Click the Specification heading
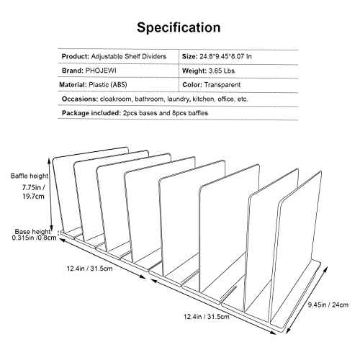click(x=179, y=28)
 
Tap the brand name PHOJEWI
click(x=101, y=71)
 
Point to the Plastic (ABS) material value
click(x=108, y=85)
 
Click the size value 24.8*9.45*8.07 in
click(x=226, y=57)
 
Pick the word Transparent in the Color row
click(x=222, y=85)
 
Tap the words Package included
click(x=91, y=113)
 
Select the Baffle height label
click(x=30, y=176)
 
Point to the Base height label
click(x=32, y=232)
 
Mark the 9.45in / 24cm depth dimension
click(x=328, y=305)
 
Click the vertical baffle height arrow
click(x=50, y=194)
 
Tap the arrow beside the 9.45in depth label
click(x=307, y=300)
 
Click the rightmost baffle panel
click(x=297, y=247)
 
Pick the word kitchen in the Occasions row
click(x=204, y=99)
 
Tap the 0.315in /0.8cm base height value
click(x=34, y=238)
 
